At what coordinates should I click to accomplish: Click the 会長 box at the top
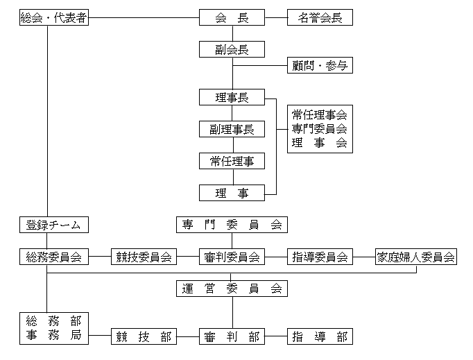point(232,17)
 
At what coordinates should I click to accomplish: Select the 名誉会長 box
point(320,17)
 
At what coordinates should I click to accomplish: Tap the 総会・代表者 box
point(53,17)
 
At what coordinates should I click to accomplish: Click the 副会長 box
point(232,49)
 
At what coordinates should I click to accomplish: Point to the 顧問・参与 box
point(320,66)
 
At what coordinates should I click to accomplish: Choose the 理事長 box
point(232,97)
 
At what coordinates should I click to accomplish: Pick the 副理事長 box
point(232,129)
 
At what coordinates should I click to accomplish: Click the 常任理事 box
point(232,161)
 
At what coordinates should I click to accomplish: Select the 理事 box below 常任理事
point(232,193)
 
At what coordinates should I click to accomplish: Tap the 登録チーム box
point(53,225)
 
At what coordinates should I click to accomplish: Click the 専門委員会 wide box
point(232,225)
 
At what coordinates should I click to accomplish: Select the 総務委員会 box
point(53,257)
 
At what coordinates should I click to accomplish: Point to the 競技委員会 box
point(144,257)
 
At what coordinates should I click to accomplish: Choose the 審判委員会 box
point(232,257)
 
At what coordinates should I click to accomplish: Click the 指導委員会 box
point(320,257)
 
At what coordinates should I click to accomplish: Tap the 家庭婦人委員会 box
point(415,257)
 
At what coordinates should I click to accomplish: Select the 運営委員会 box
point(232,289)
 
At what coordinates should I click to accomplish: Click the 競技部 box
point(144,337)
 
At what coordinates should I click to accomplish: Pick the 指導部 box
point(320,337)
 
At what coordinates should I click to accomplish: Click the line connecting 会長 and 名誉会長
point(277,17)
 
